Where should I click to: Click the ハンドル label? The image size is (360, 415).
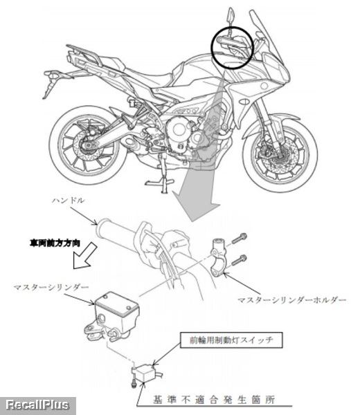(68, 200)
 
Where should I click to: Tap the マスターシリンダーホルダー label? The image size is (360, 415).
(291, 300)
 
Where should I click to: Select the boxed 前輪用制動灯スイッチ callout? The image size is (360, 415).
(231, 340)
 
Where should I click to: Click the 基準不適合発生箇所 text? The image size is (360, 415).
(213, 400)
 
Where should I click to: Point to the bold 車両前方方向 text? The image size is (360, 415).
(55, 243)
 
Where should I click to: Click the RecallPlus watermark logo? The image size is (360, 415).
(37, 405)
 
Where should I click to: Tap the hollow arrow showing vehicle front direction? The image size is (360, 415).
(84, 256)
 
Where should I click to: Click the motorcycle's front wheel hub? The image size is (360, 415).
(279, 156)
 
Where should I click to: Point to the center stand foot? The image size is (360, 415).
(159, 183)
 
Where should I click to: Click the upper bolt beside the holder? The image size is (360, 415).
(240, 238)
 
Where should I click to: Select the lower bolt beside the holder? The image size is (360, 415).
(240, 259)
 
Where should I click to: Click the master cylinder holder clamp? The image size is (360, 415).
(218, 256)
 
